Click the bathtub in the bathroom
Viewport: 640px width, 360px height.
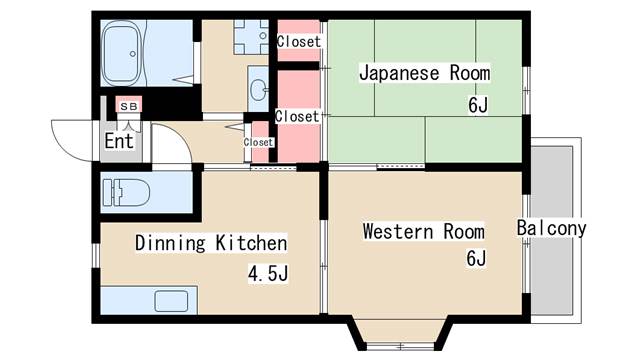tap(122, 53)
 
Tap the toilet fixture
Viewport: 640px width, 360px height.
tap(126, 192)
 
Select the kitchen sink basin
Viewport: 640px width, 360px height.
tap(171, 301)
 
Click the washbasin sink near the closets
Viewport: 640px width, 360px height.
tap(258, 90)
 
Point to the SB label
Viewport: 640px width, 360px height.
tap(129, 107)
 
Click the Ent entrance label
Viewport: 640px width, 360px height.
tap(119, 141)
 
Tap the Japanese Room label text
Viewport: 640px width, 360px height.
tap(424, 73)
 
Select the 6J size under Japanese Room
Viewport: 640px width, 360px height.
tap(478, 105)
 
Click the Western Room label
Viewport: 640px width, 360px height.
tap(424, 231)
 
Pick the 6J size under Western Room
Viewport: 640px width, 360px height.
tap(476, 258)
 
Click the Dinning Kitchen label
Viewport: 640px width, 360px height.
tap(211, 243)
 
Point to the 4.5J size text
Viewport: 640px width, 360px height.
tap(268, 273)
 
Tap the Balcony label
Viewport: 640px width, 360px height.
tap(551, 228)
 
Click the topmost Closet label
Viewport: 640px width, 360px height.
tap(299, 41)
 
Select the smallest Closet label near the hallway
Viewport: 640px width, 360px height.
tap(258, 142)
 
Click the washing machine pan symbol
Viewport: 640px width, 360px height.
tap(251, 37)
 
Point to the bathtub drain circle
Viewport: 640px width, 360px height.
tap(133, 53)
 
